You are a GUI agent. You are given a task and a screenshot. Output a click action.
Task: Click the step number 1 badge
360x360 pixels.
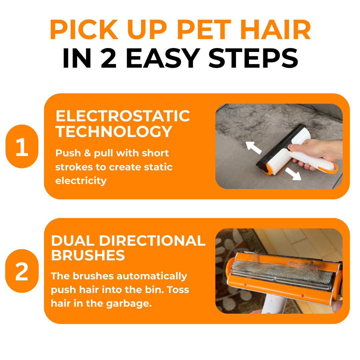(22, 146)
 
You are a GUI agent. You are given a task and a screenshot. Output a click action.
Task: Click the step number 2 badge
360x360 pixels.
(22, 271)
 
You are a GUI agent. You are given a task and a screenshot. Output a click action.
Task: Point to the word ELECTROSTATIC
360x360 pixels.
(123, 116)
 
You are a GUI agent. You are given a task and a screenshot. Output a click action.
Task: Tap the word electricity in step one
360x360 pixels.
(81, 181)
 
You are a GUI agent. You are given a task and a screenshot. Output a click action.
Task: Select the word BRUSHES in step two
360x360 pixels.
(88, 256)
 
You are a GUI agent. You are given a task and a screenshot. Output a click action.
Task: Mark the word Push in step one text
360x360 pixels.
(68, 153)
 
